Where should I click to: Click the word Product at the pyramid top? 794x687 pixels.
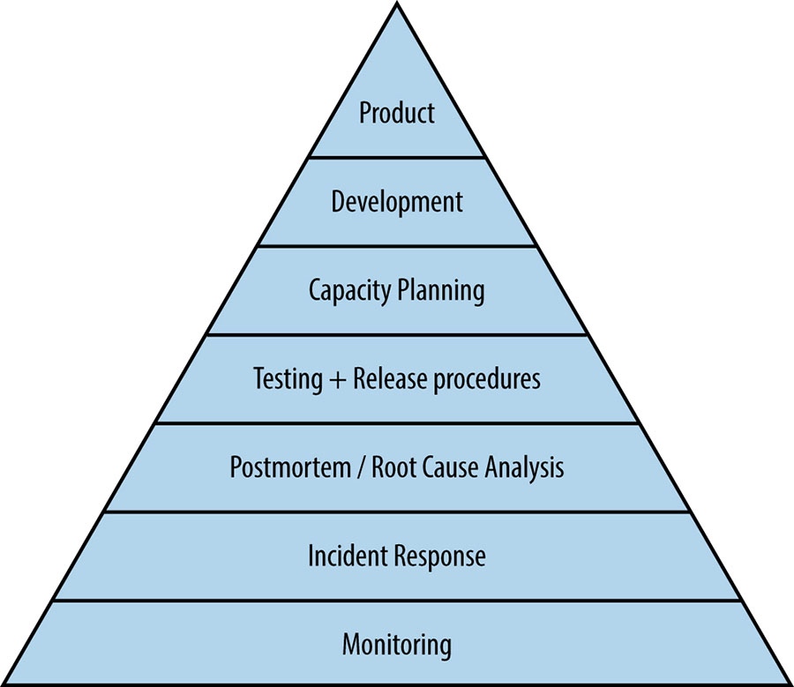(397, 113)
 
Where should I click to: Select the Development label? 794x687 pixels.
(397, 202)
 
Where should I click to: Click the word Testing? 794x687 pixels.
(287, 379)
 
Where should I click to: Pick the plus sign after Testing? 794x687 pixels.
(337, 380)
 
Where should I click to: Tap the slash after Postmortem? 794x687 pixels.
(358, 467)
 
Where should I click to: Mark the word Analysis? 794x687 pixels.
(526, 467)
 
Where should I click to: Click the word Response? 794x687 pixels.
(440, 556)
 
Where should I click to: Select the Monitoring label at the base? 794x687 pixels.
(397, 645)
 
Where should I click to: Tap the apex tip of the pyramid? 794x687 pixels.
(397, 4)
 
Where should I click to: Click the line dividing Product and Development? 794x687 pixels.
(397, 158)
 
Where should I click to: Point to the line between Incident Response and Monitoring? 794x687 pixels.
(397, 601)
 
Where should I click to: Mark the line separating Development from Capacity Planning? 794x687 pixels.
(397, 246)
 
